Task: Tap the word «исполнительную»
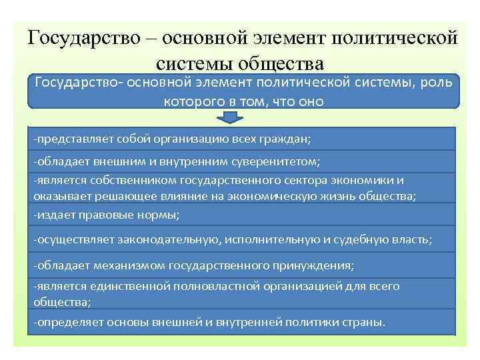click(x=280, y=239)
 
